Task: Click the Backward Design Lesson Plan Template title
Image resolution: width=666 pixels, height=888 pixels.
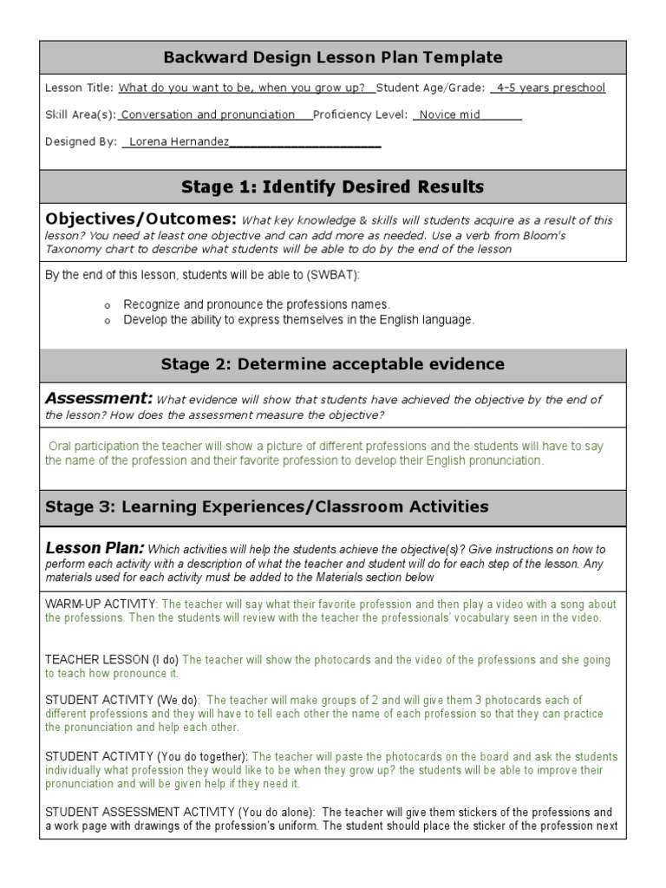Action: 333,57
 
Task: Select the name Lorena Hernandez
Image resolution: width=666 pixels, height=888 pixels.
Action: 178,141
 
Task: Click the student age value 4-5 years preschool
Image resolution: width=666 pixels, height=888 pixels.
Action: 550,88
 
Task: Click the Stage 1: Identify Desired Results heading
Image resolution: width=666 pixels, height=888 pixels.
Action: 333,187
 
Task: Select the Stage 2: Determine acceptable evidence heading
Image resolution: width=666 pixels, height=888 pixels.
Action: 333,364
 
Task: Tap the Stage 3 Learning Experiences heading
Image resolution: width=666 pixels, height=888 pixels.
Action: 267,506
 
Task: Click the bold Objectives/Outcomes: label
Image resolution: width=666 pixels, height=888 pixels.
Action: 140,219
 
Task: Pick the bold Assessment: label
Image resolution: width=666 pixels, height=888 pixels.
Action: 99,398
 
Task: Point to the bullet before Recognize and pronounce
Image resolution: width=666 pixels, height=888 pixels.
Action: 108,305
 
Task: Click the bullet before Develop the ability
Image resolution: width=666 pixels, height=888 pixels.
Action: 108,320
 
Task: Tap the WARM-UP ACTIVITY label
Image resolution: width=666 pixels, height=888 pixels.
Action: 101,603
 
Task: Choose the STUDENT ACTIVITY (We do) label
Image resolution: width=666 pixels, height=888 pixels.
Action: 122,700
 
